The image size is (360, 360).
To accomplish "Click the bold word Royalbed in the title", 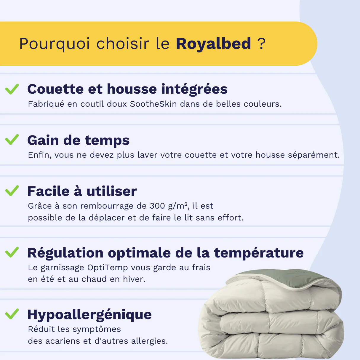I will pyautogui.click(x=213, y=44).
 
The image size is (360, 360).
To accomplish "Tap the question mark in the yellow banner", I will pyautogui.click(x=261, y=44).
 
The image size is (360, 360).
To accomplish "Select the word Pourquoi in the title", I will pyautogui.click(x=55, y=44).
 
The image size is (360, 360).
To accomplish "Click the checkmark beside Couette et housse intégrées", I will pyautogui.click(x=12, y=89).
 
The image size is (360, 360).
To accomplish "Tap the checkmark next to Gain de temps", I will pyautogui.click(x=12, y=140).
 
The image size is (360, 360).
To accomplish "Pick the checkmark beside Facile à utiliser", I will pyautogui.click(x=12, y=191).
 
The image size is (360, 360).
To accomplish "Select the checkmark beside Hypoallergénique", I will pyautogui.click(x=12, y=314).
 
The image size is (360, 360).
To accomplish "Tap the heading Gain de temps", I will pyautogui.click(x=79, y=140).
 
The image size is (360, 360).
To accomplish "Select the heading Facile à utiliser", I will pyautogui.click(x=82, y=191).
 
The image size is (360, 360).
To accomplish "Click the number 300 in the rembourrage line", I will pyautogui.click(x=157, y=206).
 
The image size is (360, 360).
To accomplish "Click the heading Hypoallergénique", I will pyautogui.click(x=89, y=315).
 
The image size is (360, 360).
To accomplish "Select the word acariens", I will pyautogui.click(x=63, y=341).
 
